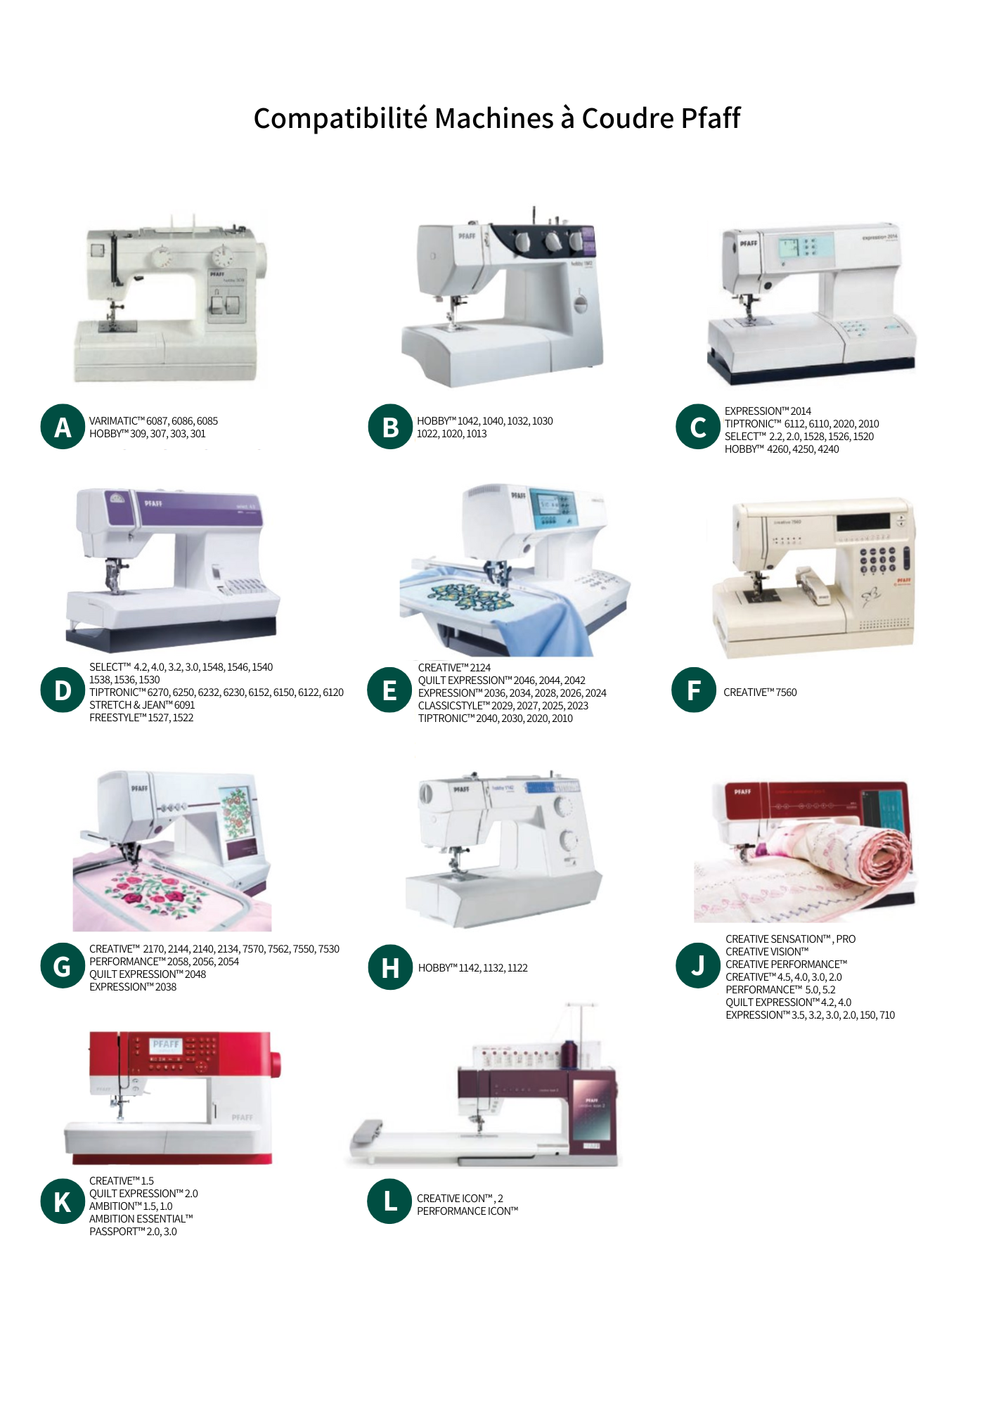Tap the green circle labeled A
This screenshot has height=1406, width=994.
click(x=63, y=427)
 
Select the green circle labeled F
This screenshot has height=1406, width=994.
click(x=694, y=690)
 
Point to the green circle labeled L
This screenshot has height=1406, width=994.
click(x=389, y=1201)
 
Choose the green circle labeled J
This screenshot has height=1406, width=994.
click(x=698, y=965)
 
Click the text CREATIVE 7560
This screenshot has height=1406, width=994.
click(x=760, y=692)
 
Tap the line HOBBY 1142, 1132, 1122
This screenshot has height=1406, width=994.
click(x=472, y=968)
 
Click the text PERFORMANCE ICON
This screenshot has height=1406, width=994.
click(x=467, y=1211)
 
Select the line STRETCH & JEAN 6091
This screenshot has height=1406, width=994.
click(x=142, y=705)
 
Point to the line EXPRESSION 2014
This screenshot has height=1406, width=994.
click(x=768, y=411)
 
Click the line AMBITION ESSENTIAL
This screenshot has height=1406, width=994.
click(x=141, y=1219)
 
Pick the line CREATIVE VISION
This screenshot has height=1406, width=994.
click(x=767, y=952)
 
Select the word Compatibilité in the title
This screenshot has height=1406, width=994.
click(x=340, y=118)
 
